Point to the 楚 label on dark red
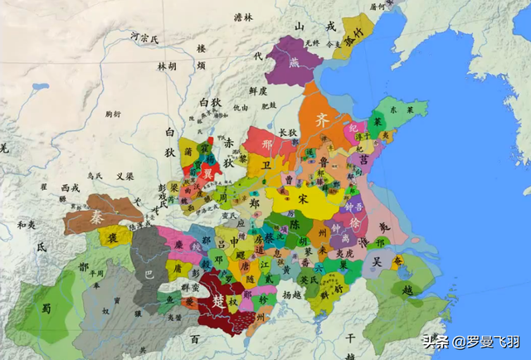pos(218,300)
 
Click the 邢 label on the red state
pos(266,143)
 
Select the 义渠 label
pos(124,176)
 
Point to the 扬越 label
pos(292,294)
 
